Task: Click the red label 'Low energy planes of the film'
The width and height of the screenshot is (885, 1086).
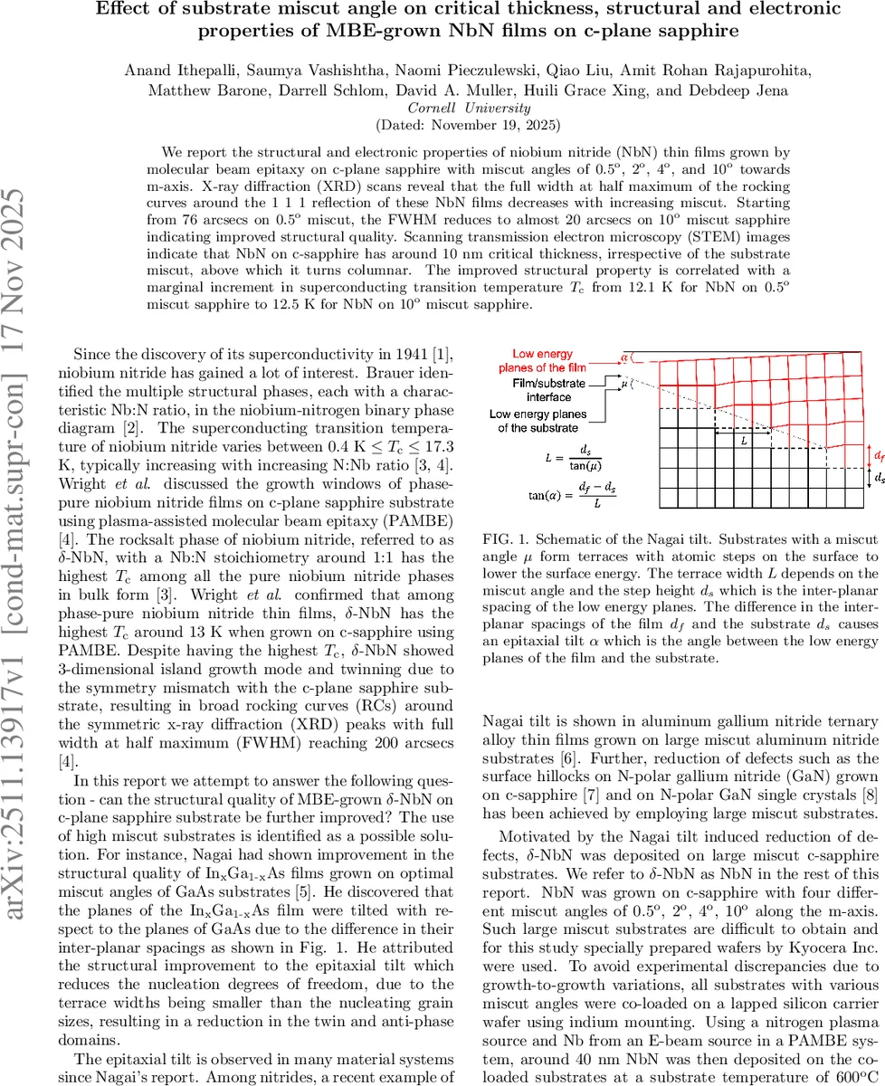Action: pyautogui.click(x=542, y=360)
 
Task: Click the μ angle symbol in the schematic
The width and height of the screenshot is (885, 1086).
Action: pyautogui.click(x=623, y=384)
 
